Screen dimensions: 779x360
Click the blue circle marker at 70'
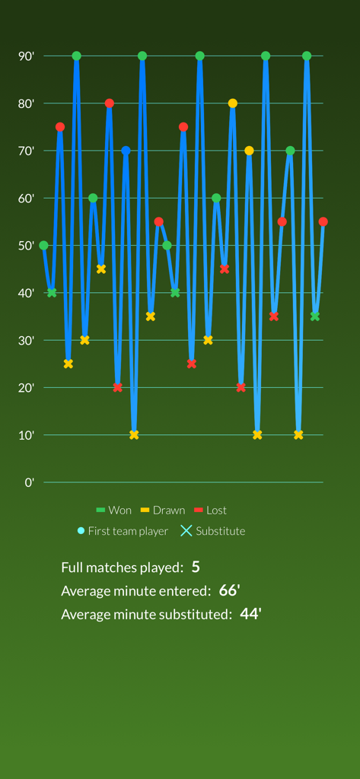click(126, 151)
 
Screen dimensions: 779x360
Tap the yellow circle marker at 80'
click(233, 103)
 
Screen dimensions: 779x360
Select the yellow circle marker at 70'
click(249, 151)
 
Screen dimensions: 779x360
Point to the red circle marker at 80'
click(110, 103)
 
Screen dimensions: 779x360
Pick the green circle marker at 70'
click(290, 151)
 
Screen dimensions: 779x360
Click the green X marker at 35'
click(315, 316)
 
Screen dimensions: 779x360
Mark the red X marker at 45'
click(225, 269)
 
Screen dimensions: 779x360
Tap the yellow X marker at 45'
click(101, 269)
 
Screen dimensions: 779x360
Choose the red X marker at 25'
click(192, 364)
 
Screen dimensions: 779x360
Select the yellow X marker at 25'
click(68, 364)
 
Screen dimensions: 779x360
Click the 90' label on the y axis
click(27, 56)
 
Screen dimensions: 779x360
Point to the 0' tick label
click(30, 482)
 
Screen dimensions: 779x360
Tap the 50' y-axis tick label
click(27, 246)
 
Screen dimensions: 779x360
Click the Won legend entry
click(114, 510)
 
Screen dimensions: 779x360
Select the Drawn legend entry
click(163, 510)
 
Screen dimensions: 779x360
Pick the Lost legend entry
click(211, 510)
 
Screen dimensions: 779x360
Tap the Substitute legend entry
click(212, 531)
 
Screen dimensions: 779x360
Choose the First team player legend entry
click(123, 531)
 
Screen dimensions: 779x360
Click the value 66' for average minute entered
click(229, 590)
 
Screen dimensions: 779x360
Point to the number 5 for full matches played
click(196, 567)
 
